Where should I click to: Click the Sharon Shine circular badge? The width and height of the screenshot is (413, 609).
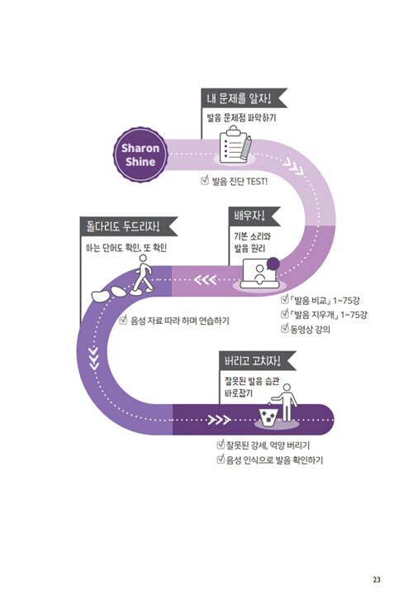(140, 155)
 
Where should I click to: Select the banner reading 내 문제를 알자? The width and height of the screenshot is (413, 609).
(244, 98)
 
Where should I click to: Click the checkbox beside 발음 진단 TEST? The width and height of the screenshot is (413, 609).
(205, 180)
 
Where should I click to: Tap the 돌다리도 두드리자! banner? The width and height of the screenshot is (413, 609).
(129, 226)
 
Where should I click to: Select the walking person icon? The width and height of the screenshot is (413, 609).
(142, 274)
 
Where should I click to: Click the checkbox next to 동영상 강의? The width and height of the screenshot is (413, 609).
(284, 328)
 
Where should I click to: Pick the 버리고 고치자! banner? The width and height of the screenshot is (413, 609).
(258, 361)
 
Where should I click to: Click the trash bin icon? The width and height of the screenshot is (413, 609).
(268, 416)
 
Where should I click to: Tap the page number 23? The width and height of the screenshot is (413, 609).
(377, 579)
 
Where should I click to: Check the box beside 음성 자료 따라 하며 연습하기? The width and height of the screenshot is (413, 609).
(123, 320)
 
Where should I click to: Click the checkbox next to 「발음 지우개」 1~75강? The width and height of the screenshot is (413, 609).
(284, 313)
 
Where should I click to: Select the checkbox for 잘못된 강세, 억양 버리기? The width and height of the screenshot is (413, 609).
(221, 444)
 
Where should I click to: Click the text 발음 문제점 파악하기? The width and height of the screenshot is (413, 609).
(241, 117)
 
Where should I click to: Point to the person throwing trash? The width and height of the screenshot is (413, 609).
(286, 402)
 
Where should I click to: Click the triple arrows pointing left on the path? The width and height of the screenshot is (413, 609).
(205, 279)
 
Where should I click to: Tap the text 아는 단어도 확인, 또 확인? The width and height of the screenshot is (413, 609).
(126, 247)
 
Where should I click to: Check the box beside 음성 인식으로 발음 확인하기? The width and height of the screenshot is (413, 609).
(221, 459)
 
